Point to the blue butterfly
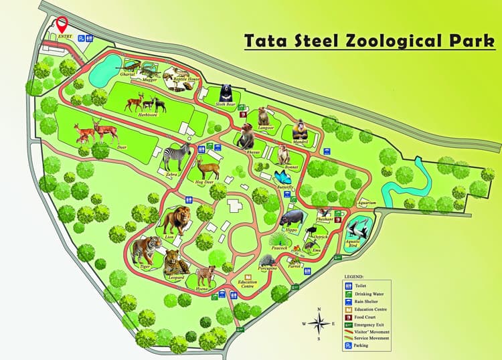284,178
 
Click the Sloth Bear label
224,104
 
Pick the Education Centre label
248,284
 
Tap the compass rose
321,323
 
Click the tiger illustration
145,250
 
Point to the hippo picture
292,219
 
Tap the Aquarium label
367,202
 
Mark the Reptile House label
186,79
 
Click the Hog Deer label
206,181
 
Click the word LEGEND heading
353,276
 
